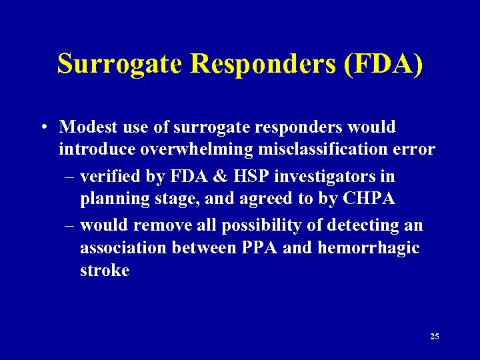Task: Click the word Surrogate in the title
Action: [x=120, y=65]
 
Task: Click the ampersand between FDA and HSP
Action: [x=215, y=177]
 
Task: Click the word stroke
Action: [x=104, y=271]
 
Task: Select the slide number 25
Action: [x=435, y=336]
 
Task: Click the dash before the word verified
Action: [x=71, y=177]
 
